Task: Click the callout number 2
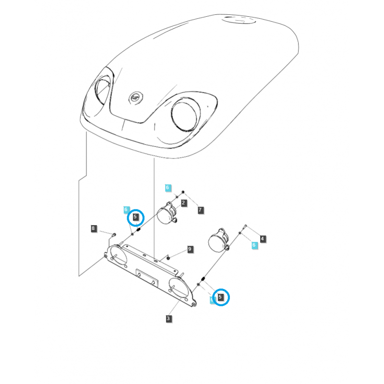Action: [x=183, y=204]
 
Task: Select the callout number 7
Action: [x=200, y=210]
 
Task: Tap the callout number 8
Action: [x=94, y=228]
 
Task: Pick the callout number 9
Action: [x=190, y=249]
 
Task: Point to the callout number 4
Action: [x=263, y=238]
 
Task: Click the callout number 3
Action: [x=168, y=318]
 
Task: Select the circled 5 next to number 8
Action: [x=135, y=217]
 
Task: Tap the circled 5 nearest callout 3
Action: [x=220, y=297]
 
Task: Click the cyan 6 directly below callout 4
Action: [x=254, y=245]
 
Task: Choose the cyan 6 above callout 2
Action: [x=168, y=187]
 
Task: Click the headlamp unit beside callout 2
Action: [x=167, y=213]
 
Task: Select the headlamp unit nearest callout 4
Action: [x=218, y=240]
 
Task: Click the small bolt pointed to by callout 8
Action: [x=114, y=234]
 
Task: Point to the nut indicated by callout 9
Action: [x=168, y=258]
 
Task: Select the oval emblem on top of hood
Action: [x=238, y=21]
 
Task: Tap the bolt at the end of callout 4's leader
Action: [x=245, y=226]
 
